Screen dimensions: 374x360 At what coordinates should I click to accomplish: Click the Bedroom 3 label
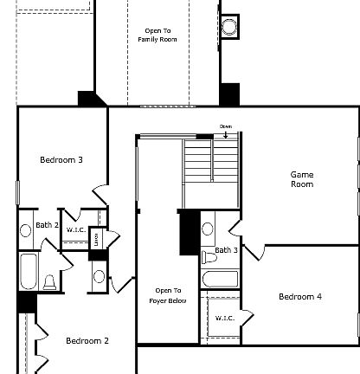pos(61,159)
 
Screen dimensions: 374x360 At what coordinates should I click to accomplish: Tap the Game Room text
pos(301,179)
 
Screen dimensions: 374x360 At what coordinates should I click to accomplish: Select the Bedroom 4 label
pos(299,297)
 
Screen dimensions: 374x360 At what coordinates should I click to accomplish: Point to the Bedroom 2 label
pos(87,340)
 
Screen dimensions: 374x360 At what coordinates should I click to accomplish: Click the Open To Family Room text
pos(157,35)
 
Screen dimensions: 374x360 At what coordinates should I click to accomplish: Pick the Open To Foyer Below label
pos(169,296)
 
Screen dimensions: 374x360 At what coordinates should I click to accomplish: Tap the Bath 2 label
pos(47,226)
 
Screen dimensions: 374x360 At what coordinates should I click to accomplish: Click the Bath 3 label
pos(227,250)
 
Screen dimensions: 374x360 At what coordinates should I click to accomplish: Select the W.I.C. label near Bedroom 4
pos(225,318)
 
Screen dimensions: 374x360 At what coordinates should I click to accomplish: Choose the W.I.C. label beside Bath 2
pos(76,230)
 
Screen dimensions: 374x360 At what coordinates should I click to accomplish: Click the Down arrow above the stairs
pos(226,134)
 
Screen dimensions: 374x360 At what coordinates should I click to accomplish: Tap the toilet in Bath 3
pos(209,257)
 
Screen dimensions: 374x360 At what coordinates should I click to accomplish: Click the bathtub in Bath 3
pos(220,279)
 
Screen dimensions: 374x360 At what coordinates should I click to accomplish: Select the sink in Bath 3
pos(208,230)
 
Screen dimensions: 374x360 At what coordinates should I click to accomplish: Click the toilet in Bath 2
pos(49,282)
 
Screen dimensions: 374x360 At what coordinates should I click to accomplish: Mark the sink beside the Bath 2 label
pos(25,230)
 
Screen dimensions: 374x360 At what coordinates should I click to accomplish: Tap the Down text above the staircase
pos(226,126)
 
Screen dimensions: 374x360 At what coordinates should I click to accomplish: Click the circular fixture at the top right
pos(229,27)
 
